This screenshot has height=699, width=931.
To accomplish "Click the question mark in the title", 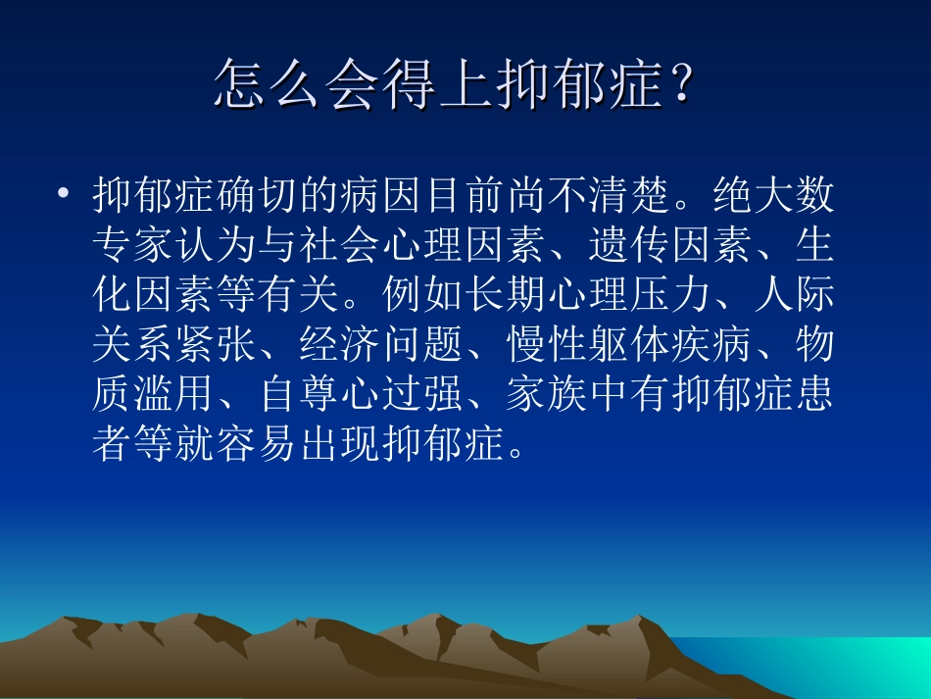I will [x=680, y=84].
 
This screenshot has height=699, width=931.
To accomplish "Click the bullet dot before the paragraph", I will [x=65, y=193].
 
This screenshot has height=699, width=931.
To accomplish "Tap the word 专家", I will [x=133, y=246].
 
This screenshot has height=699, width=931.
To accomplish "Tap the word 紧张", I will [x=216, y=346].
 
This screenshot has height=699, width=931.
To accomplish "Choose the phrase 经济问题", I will [x=380, y=346].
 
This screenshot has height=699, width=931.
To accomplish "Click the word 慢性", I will [x=545, y=346].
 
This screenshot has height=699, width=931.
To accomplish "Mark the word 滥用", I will [x=174, y=396].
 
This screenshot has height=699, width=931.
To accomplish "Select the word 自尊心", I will [x=319, y=396].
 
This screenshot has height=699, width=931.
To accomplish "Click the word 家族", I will [x=545, y=396].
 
